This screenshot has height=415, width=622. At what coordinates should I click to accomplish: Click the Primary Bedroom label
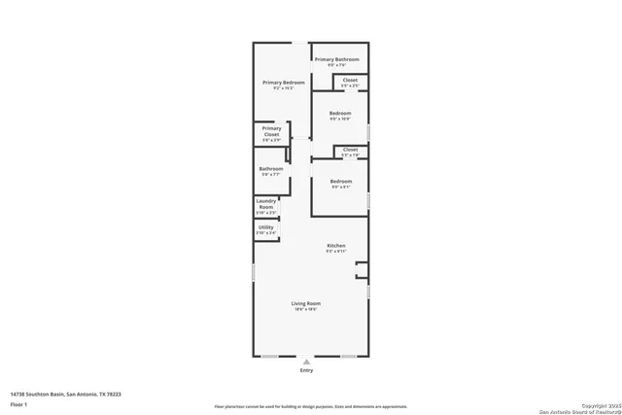pos(284,83)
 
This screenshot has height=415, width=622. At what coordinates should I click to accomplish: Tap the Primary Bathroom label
pos(339,60)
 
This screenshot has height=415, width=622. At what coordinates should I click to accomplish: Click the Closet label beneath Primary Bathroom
pos(350,80)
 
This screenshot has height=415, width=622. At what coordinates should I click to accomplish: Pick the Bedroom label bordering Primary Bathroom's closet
pos(340,114)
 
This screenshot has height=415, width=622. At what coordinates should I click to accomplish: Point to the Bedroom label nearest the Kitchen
pos(340,182)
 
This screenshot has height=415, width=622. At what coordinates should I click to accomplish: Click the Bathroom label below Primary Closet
pos(271,169)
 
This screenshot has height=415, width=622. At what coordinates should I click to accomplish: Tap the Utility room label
pos(265,227)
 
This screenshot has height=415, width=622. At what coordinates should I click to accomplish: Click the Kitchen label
pos(335,246)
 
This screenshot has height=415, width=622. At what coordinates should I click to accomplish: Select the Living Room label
pos(306,303)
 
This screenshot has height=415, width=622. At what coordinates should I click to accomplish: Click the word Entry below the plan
pos(306,370)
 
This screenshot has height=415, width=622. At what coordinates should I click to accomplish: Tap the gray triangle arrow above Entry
pos(306,362)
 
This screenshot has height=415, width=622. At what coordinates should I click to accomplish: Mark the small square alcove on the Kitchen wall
pos(362,268)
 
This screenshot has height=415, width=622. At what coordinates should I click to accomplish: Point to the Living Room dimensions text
pos(306,309)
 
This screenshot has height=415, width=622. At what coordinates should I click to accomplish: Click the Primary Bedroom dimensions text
pos(284,88)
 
